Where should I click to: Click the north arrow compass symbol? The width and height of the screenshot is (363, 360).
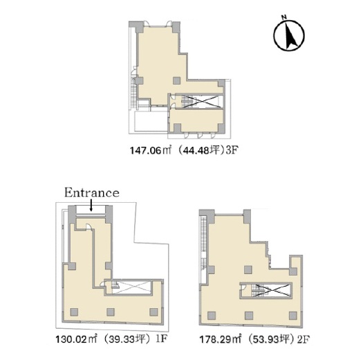click(x=289, y=35)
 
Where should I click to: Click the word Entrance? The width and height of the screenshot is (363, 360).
click(x=92, y=193)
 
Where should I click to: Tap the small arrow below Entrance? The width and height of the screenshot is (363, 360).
click(x=91, y=205)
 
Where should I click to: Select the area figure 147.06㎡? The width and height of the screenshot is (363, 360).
click(x=150, y=151)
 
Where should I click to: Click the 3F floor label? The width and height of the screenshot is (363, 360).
click(x=232, y=151)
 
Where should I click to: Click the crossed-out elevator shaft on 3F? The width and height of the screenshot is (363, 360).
click(x=202, y=102)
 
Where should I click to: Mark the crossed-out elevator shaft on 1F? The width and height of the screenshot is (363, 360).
click(x=131, y=287)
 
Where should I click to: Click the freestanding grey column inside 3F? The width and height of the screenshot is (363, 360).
click(x=177, y=80)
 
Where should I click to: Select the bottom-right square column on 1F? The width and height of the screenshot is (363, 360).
click(x=153, y=312)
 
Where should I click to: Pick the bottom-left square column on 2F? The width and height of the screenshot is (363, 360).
click(x=212, y=315)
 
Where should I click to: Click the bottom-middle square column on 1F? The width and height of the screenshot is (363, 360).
click(x=111, y=312)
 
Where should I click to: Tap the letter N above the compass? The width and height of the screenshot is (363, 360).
click(x=284, y=17)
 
